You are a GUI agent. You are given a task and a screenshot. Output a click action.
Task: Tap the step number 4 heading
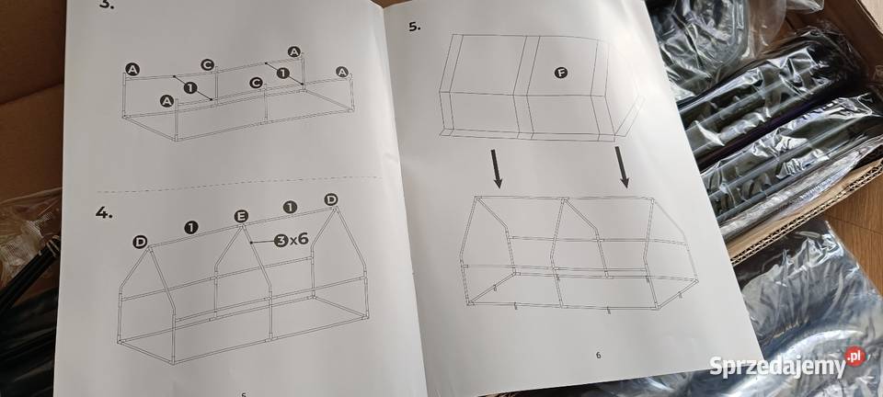104,212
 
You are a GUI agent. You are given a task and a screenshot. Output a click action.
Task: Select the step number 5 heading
414,27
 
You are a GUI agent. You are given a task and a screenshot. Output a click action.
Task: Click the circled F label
560,73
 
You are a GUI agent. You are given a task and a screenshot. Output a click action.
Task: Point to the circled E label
241,217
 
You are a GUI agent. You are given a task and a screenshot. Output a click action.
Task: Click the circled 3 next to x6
281,241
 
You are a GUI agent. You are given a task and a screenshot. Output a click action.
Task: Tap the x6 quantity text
299,239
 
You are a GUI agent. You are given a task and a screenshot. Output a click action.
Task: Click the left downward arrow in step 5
496,167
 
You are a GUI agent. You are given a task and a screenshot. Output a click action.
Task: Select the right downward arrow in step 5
622,166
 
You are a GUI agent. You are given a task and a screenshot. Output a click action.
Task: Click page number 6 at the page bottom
598,355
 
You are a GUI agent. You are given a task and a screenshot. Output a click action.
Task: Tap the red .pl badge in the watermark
854,357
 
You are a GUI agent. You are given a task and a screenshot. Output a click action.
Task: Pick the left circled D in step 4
140,242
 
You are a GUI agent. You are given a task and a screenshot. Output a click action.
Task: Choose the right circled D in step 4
330,199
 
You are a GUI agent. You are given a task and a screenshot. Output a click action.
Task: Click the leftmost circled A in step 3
132,70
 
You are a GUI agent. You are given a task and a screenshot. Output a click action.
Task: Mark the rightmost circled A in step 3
342,72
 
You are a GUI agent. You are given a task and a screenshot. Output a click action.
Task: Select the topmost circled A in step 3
293,51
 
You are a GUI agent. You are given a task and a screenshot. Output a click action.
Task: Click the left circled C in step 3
207,65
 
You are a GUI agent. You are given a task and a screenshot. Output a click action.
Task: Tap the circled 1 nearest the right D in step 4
290,207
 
